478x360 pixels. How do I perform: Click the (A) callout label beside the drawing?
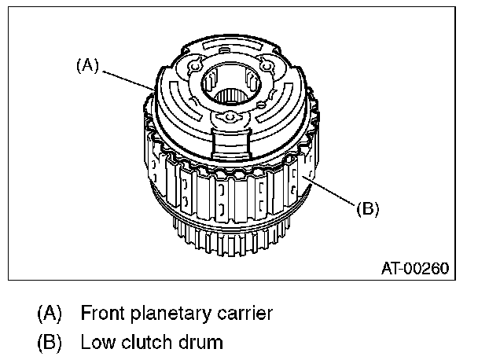[x=87, y=67]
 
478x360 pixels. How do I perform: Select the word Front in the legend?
[x=102, y=314]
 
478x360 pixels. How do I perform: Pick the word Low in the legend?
[x=97, y=342]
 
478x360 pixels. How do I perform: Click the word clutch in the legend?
[x=142, y=342]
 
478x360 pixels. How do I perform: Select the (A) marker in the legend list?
[x=50, y=314]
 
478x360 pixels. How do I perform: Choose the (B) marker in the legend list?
[x=50, y=342]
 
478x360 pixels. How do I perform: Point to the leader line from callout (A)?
[x=130, y=79]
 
